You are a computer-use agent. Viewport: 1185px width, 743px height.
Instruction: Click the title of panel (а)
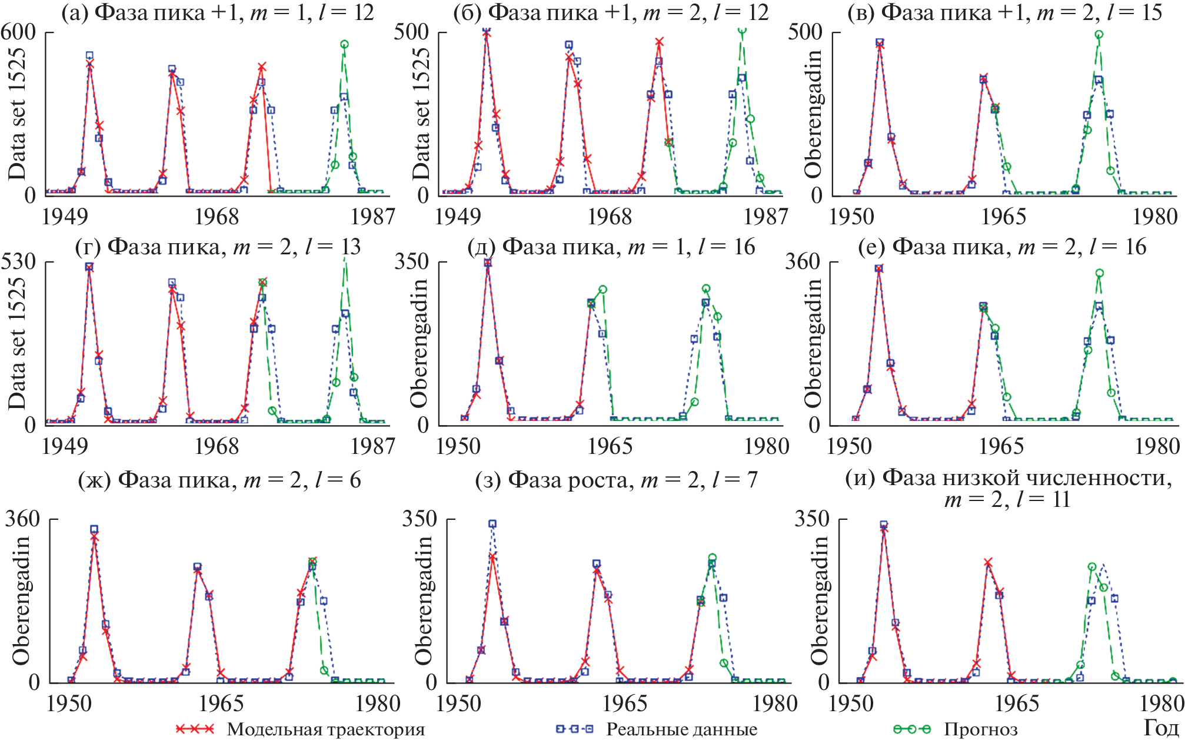pos(218,12)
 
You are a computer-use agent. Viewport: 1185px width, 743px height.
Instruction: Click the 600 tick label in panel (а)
pos(18,32)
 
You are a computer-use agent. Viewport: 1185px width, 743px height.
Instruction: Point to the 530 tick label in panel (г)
pos(18,261)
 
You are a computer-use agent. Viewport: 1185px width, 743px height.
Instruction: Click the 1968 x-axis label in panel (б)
pos(610,217)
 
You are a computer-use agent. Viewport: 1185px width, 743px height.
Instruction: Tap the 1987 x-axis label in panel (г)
pos(372,446)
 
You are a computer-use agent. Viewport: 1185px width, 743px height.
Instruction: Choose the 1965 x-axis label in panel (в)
pos(1003,217)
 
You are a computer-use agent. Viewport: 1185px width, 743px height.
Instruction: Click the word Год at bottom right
pos(1161,728)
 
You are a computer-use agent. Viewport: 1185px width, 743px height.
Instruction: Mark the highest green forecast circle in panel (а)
pos(344,44)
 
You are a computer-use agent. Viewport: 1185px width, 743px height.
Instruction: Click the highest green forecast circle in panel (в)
pos(1099,35)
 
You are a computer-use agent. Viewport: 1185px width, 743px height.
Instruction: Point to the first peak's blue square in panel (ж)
pos(94,529)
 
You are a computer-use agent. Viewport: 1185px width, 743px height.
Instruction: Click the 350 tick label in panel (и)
pos(811,519)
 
